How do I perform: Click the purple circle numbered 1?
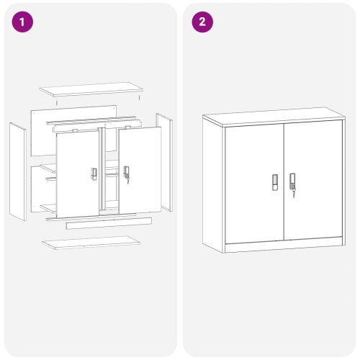click(22, 22)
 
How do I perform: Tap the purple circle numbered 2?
click(202, 22)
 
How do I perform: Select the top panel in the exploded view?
click(91, 89)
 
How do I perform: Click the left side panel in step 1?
click(18, 171)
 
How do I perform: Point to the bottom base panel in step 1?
click(91, 243)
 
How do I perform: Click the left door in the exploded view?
click(78, 174)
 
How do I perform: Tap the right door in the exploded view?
click(140, 170)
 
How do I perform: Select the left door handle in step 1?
click(94, 174)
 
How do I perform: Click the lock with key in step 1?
click(126, 174)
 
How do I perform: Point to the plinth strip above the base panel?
click(109, 223)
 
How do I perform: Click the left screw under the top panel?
click(57, 103)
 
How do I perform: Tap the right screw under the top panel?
click(139, 98)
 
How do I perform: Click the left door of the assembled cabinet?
click(255, 184)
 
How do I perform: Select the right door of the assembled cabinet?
click(313, 180)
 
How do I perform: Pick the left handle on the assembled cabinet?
click(275, 182)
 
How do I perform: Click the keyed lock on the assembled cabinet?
click(292, 184)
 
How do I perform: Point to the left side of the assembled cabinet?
click(212, 185)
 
